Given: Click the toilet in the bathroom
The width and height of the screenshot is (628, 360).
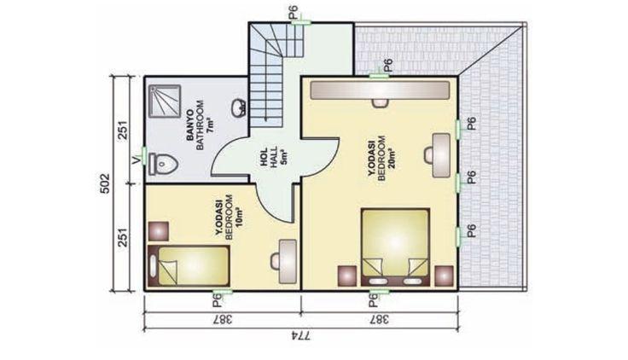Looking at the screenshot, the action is (164, 164).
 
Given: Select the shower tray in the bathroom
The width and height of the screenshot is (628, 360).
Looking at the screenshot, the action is (165, 101).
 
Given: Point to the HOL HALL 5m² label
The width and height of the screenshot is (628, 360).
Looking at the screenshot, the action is (275, 158).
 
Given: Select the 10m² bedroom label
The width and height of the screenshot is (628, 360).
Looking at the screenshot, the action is (229, 218).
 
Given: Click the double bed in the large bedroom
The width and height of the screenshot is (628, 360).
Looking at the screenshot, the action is (395, 247).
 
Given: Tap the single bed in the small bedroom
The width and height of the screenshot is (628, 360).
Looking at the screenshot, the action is (189, 266).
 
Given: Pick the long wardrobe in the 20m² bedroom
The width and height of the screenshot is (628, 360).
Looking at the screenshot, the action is (380, 90).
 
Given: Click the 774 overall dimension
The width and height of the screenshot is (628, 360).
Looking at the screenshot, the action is (300, 334).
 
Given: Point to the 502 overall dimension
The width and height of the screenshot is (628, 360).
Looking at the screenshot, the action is (104, 183).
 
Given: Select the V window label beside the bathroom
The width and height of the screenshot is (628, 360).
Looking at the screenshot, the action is (136, 160).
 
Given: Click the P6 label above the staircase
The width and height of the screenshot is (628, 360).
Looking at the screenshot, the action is (294, 12).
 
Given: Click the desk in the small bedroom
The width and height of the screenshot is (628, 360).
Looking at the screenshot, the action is (288, 262).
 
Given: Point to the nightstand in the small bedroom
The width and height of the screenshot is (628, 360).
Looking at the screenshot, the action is (158, 231).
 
